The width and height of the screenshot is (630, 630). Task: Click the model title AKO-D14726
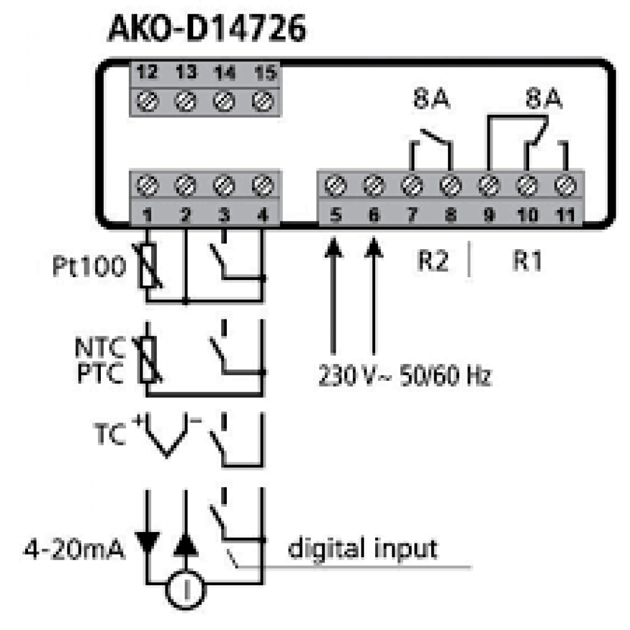click(x=207, y=29)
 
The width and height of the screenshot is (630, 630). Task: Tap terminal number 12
click(x=147, y=73)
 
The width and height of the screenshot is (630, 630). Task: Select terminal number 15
click(x=264, y=73)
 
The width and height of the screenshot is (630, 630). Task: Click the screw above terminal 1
click(x=147, y=186)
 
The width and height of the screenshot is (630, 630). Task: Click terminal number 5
click(x=336, y=215)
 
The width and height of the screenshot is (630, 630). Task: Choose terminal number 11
click(x=565, y=215)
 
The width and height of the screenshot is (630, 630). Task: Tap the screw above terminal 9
click(x=489, y=186)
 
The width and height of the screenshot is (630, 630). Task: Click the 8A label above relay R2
click(x=431, y=100)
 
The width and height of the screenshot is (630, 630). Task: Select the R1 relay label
click(x=526, y=261)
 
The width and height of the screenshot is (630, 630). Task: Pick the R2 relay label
click(x=432, y=261)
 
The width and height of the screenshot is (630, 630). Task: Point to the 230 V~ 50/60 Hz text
click(x=404, y=376)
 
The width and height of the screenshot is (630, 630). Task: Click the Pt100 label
click(x=89, y=267)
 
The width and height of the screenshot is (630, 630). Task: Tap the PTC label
click(x=101, y=374)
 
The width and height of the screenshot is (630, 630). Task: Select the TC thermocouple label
click(x=109, y=435)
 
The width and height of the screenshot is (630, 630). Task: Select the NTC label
click(x=100, y=348)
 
